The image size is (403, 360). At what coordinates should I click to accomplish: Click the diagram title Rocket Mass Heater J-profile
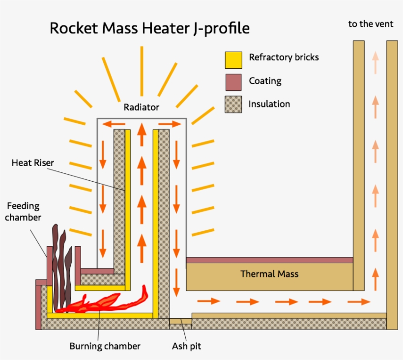[x=149, y=28]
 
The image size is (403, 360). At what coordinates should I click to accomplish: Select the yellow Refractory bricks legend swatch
[x=233, y=59]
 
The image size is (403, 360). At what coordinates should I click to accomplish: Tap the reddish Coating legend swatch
[x=233, y=82]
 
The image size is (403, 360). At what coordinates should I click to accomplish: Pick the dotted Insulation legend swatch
[x=233, y=105]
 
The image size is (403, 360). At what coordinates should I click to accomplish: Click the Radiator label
[x=141, y=107]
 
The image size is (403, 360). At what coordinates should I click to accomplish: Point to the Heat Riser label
[x=33, y=163]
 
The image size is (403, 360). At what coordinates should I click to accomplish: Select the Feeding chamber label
[x=23, y=212]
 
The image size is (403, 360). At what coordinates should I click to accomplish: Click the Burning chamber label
[x=105, y=346]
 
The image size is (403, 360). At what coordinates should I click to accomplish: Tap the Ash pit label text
[x=186, y=346]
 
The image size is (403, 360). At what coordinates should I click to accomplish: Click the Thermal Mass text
[x=269, y=274]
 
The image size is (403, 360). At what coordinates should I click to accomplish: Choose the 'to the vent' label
[x=371, y=24]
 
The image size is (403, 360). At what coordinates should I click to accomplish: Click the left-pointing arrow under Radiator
[x=114, y=124]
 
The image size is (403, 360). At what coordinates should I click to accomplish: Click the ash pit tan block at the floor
[x=180, y=321]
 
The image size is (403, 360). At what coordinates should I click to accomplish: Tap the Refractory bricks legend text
[x=284, y=57]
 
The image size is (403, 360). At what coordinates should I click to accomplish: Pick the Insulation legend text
[x=269, y=104]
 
